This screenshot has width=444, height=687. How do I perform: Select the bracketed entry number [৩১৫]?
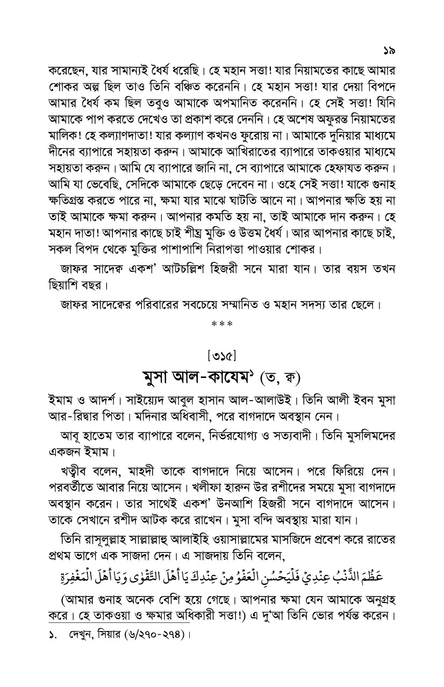(222, 355)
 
